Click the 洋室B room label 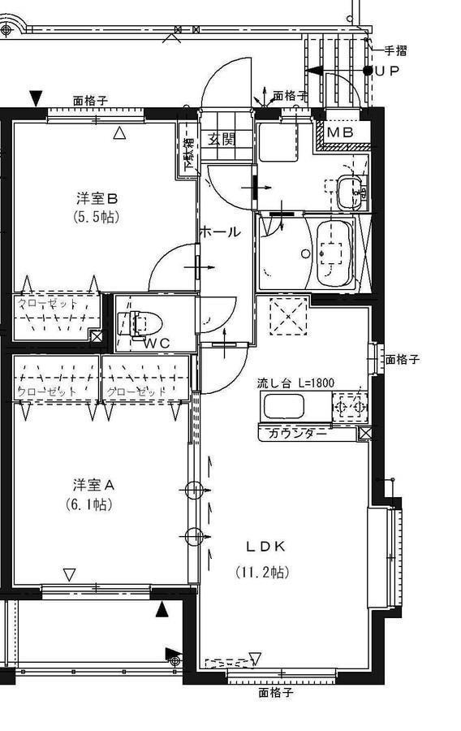click(98, 197)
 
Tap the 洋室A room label click(94, 485)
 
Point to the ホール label click(220, 232)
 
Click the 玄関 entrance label click(221, 138)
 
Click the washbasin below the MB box click(351, 192)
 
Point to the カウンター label click(299, 433)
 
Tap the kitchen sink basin click(282, 406)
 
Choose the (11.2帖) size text click(262, 573)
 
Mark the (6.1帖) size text click(89, 504)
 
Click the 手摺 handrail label click(395, 50)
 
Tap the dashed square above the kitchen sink click(286, 316)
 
